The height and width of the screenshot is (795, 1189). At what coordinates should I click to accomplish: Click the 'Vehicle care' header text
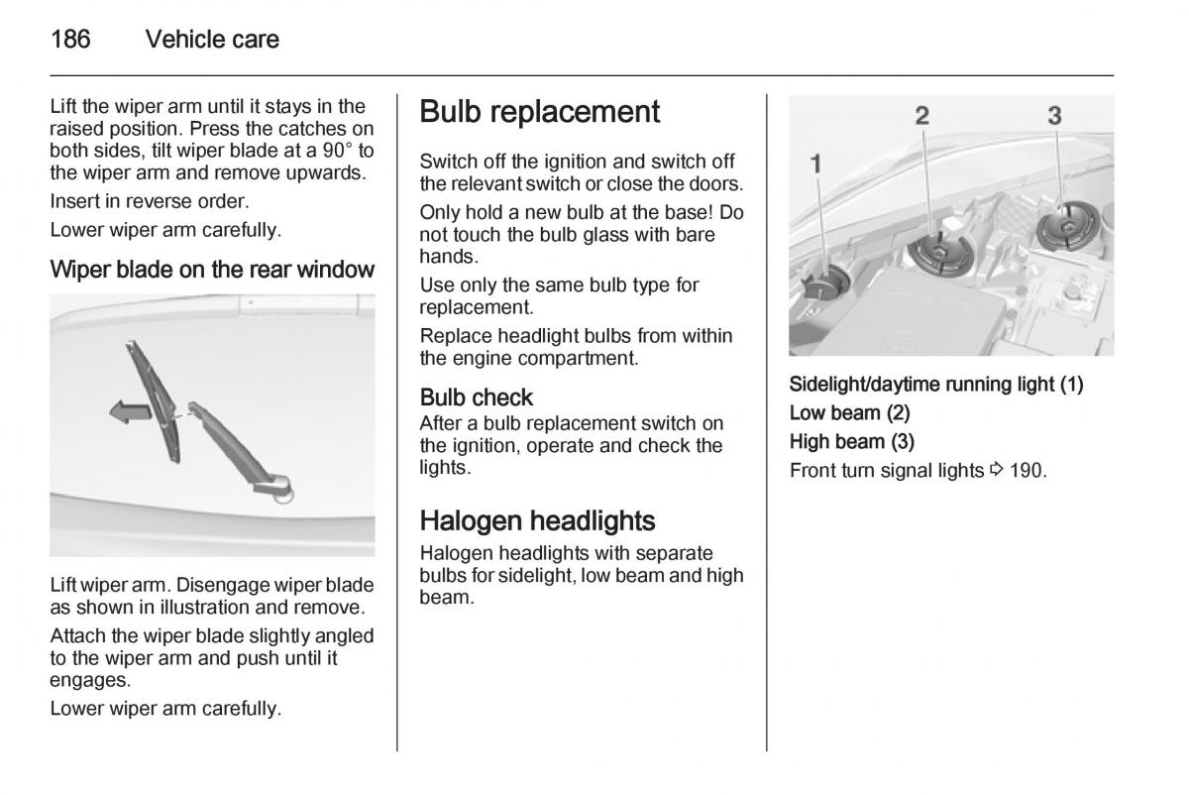(212, 40)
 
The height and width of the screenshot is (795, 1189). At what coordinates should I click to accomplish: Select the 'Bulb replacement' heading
(539, 112)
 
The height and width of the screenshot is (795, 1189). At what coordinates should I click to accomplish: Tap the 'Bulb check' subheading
(476, 397)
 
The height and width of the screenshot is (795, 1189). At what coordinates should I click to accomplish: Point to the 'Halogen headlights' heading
(537, 520)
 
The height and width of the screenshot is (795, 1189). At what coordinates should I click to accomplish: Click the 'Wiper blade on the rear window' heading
(212, 270)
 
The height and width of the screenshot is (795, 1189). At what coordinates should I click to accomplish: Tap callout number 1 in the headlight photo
(816, 163)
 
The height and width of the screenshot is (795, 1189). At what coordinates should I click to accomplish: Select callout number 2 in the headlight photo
(921, 116)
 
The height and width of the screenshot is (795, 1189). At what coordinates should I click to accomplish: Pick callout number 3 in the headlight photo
(1054, 116)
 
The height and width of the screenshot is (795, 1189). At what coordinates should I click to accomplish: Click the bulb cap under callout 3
(1065, 226)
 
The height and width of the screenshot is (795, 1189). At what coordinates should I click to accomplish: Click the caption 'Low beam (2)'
(849, 412)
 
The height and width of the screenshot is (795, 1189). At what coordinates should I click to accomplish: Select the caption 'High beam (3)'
(851, 441)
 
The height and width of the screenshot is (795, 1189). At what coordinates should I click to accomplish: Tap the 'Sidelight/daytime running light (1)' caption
(935, 385)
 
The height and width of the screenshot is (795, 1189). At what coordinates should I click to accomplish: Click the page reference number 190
(1026, 470)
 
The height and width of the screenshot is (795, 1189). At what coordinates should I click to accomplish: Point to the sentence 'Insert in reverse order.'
(149, 201)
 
